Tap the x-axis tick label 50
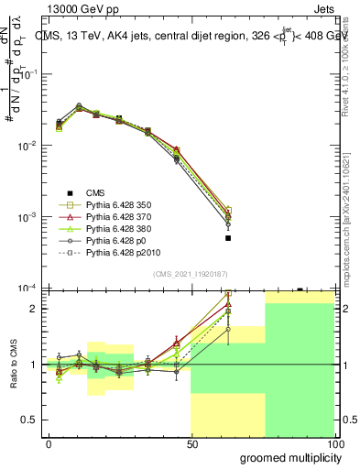pos(191,442)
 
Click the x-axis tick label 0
pos(49,442)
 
